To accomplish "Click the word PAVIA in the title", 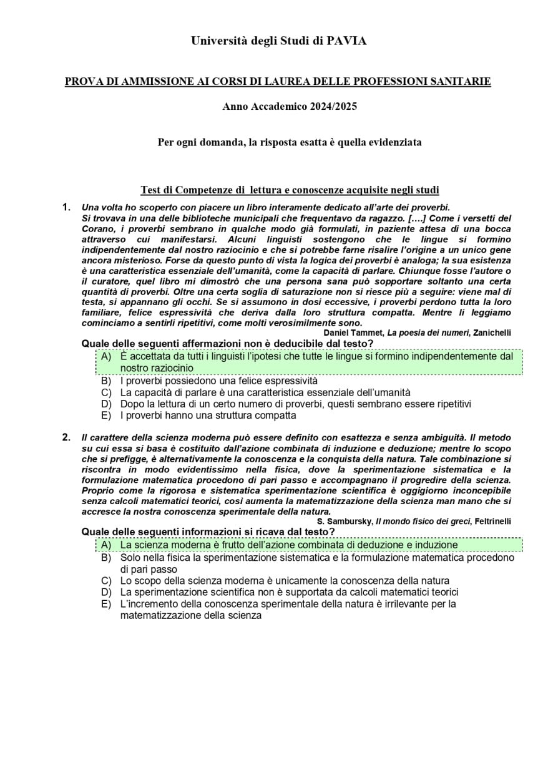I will (x=346, y=41).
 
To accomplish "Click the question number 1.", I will (x=66, y=207).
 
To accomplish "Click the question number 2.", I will (x=66, y=437).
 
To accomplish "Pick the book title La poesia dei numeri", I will (x=428, y=333).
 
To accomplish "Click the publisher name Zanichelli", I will (x=492, y=333).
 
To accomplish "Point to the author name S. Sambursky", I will (x=345, y=522).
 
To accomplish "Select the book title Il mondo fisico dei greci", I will (x=423, y=522).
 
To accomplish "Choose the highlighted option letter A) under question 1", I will (x=106, y=357).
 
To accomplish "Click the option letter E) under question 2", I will (x=106, y=604).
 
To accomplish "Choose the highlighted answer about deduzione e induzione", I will (x=288, y=545).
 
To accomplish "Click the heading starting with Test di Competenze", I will (x=290, y=190).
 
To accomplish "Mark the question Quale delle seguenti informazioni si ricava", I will (x=208, y=532).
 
